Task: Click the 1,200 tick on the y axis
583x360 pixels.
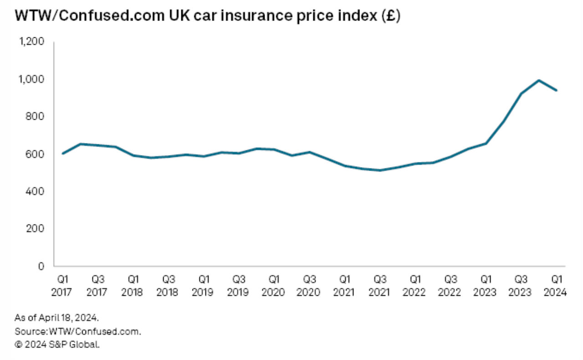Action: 31,41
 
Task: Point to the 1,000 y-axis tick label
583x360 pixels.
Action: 31,79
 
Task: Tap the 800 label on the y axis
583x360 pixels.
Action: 35,117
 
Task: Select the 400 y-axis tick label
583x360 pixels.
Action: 35,191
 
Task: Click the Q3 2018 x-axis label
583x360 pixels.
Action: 168,285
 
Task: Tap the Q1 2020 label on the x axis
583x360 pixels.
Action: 274,285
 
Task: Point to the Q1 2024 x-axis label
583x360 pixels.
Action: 557,285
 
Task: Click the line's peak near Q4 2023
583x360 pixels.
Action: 539,81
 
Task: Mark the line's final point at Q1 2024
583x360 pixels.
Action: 557,90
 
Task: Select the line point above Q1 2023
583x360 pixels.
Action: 486,143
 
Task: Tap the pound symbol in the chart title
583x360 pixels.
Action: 389,16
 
